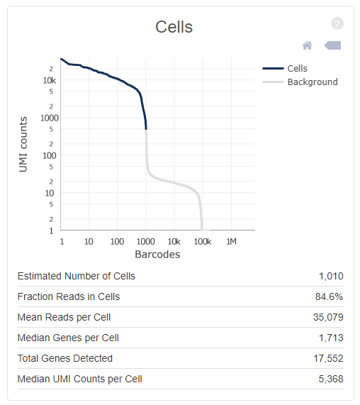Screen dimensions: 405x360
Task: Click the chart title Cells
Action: point(174,27)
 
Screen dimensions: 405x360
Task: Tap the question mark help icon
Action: point(337,23)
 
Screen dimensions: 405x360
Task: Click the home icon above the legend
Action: point(307,45)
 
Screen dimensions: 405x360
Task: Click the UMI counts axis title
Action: point(23,144)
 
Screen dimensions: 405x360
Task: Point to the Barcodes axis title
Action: point(157,254)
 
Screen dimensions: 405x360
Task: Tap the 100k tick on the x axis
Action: point(202,241)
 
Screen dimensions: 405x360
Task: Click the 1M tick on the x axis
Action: point(231,241)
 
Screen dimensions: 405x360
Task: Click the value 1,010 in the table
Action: point(331,276)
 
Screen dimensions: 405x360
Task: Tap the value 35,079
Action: point(328,317)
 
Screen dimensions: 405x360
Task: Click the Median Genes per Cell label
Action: point(68,338)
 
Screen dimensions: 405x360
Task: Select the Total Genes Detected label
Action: point(64,358)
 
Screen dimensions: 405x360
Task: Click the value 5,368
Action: point(331,379)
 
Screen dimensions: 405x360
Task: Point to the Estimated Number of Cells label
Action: point(76,276)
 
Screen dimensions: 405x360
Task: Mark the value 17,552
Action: point(328,358)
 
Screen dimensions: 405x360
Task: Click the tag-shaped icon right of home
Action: point(332,45)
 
